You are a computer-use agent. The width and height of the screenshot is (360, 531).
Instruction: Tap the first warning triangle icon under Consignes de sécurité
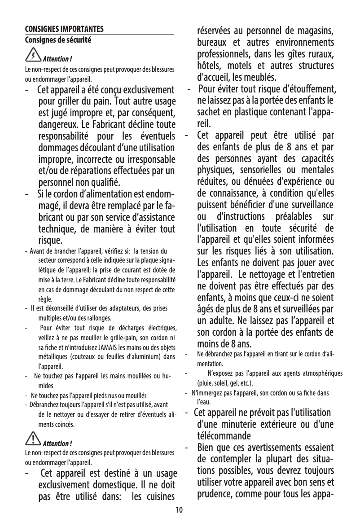click(x=34, y=56)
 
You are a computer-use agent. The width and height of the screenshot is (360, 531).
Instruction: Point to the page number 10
click(x=180, y=510)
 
